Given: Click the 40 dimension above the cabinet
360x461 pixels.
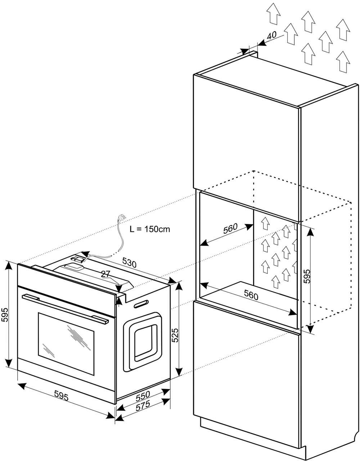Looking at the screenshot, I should point(272,35).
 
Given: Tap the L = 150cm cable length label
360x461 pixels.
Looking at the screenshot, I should point(149,229).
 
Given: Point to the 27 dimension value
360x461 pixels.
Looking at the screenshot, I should point(105,274).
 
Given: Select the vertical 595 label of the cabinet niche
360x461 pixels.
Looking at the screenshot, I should point(307,276).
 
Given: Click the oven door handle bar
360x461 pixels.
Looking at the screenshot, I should point(65,307).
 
